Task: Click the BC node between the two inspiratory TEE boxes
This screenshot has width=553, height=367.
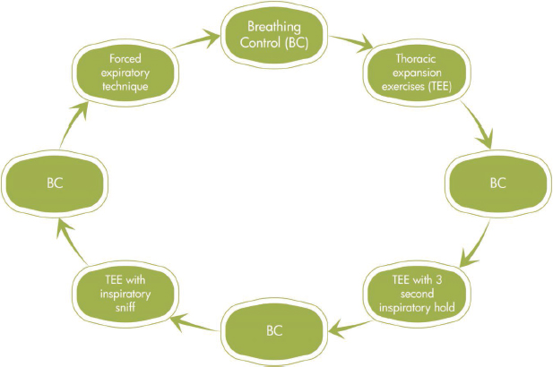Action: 273,329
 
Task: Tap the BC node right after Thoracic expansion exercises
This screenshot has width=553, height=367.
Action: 497,183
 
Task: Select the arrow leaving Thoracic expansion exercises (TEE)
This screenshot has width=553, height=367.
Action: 478,125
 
